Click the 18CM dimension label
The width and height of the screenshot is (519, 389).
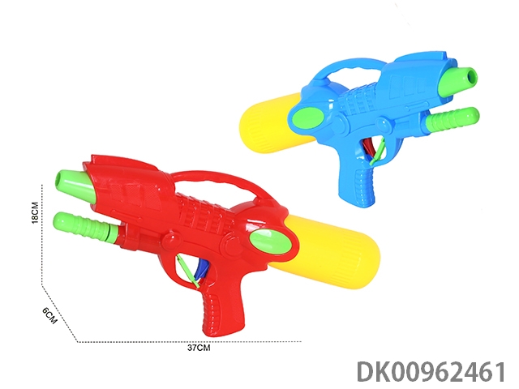[35, 212]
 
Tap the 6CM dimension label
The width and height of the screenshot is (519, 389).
[49, 315]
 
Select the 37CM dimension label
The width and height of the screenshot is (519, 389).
[199, 348]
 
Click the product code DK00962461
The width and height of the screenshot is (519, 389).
[431, 372]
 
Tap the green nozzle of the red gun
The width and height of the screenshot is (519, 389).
[75, 186]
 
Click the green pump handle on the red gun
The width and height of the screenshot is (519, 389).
[85, 227]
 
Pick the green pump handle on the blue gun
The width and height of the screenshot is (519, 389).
[451, 120]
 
